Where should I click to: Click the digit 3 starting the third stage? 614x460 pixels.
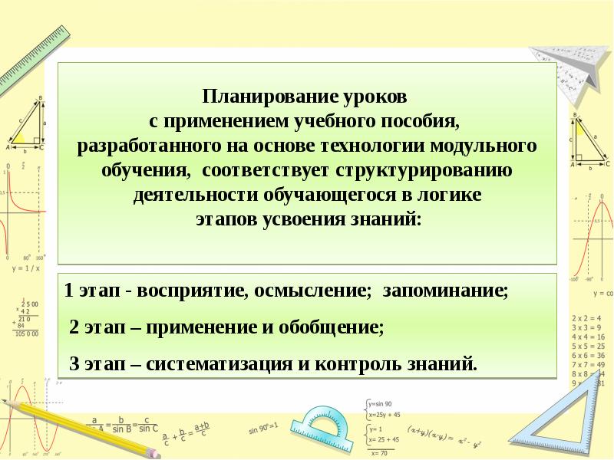pos(74,363)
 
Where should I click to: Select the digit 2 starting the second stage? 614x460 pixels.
pos(74,327)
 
